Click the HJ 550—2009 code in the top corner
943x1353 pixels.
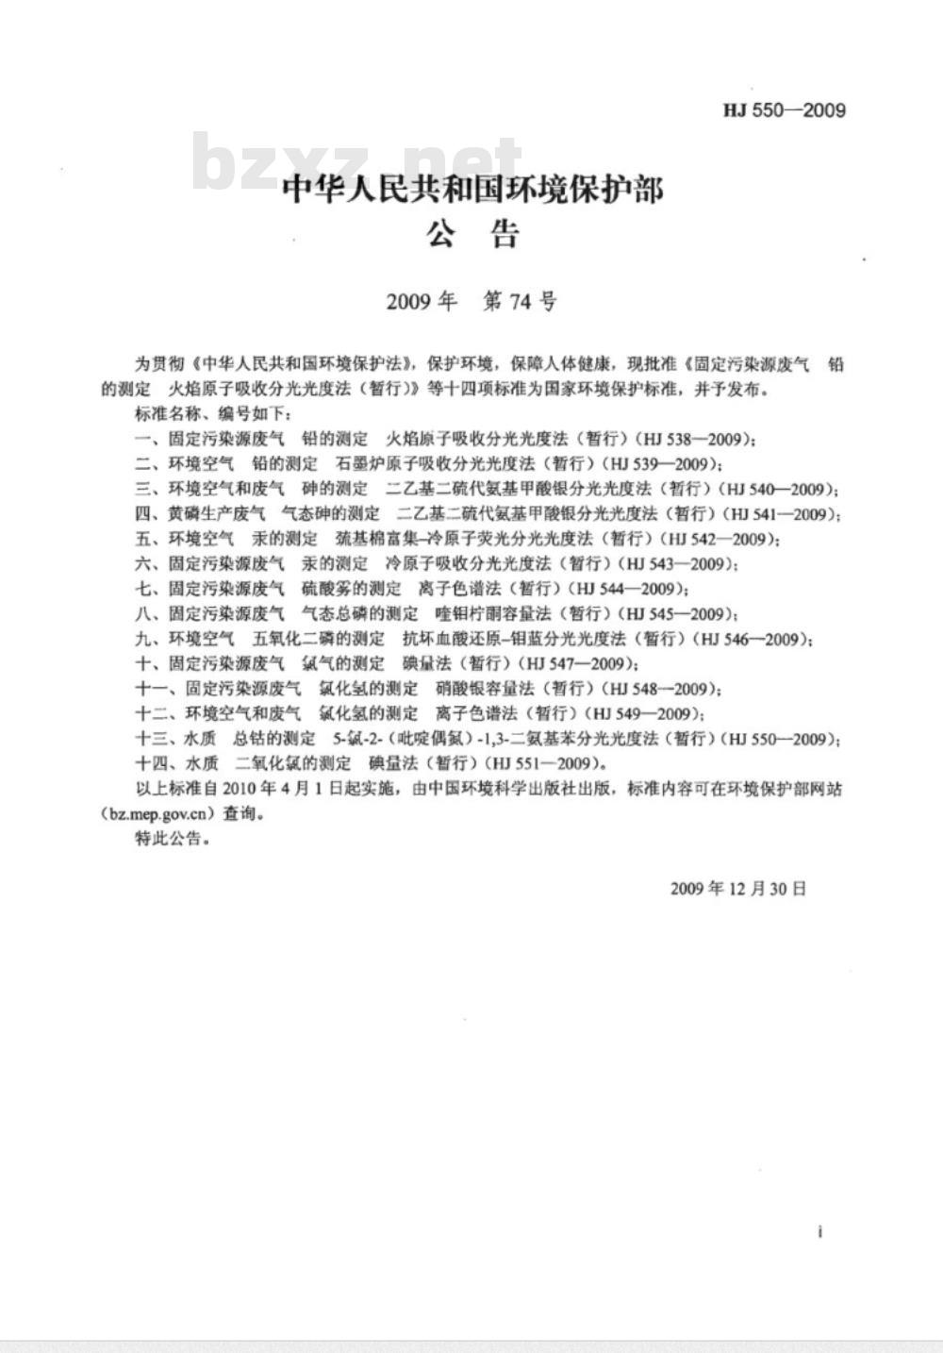(785, 110)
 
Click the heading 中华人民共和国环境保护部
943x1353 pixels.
(473, 190)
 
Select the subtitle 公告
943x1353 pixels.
(473, 234)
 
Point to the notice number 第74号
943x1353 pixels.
(520, 302)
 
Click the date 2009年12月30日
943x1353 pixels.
(738, 888)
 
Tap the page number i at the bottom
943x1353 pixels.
(820, 1232)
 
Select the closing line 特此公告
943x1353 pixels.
(170, 838)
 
